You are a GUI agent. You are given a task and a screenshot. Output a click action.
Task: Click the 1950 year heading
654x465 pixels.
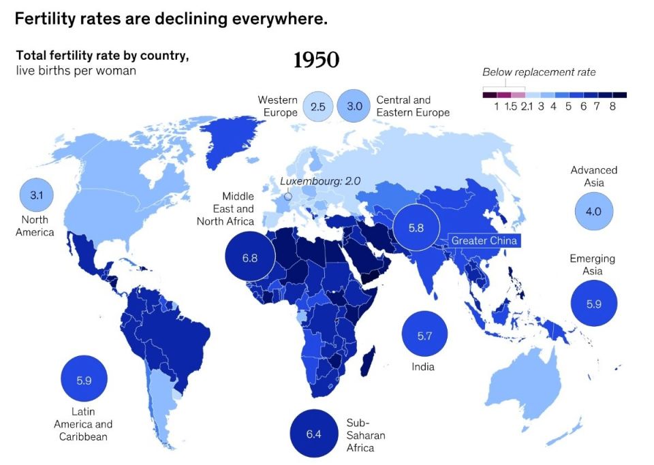pos(316,61)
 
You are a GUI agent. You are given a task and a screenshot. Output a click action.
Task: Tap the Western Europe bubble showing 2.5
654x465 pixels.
pos(317,107)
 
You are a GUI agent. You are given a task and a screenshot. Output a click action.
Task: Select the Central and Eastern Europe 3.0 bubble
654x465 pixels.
pos(354,106)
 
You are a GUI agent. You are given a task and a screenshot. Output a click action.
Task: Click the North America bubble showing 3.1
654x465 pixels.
pos(37,195)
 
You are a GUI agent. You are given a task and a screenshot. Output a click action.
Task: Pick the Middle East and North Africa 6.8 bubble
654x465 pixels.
pos(250,258)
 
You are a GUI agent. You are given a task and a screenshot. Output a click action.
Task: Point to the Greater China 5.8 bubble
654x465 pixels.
pos(416,228)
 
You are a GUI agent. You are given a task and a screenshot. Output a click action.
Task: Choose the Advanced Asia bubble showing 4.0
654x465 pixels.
pos(593,211)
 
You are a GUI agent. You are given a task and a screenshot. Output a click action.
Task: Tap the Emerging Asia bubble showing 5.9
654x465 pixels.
pos(593,304)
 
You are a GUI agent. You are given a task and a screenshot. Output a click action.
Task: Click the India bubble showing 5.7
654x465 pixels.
pos(424,335)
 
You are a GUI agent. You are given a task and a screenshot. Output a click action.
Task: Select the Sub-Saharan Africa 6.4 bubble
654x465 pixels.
pos(313,434)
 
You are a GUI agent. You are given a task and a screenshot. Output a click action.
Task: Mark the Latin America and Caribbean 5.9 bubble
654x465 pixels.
pos(84,381)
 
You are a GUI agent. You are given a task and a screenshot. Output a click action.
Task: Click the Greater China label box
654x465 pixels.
pos(484,240)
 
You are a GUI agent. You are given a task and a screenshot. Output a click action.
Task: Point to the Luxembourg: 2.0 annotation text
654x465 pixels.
pos(320,181)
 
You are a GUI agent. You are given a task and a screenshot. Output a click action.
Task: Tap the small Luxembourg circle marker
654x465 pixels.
pos(287,197)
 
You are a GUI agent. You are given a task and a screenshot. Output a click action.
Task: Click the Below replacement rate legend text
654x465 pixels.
pos(538,72)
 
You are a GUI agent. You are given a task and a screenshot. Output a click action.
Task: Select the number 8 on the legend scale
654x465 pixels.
pos(612,107)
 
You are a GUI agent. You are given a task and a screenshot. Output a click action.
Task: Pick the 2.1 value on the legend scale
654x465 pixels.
pos(526,107)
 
